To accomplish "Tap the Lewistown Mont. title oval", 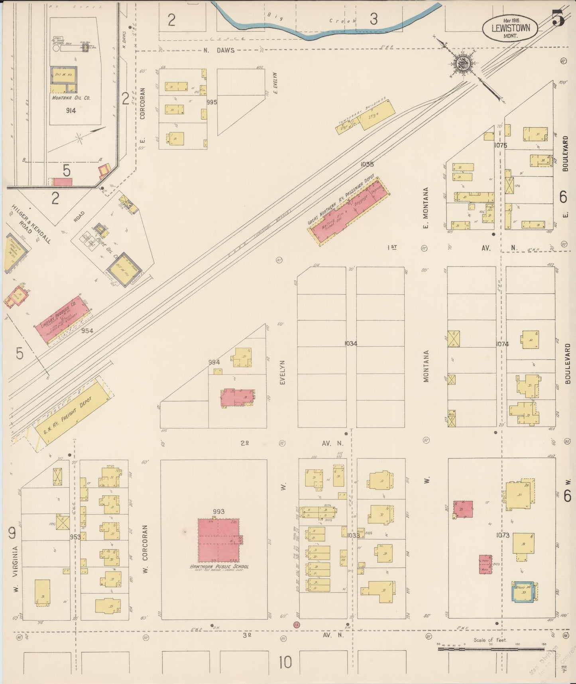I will click(x=510, y=28).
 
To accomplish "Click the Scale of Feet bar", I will click(x=490, y=649).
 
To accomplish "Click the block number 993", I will click(x=219, y=511).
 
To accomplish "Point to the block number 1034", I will click(x=351, y=343).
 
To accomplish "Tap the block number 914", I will click(x=71, y=111).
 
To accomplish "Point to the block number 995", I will click(x=212, y=102).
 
